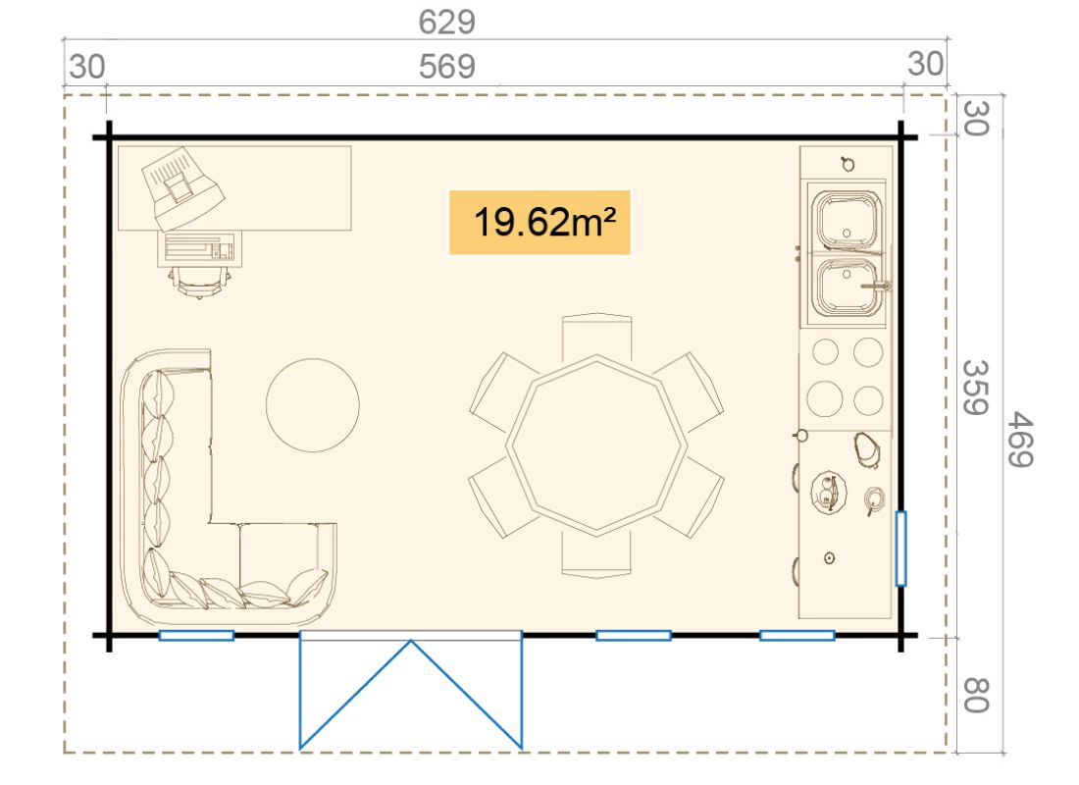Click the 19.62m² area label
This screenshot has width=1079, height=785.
tap(540, 223)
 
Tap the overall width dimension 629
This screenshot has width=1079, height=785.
tap(446, 22)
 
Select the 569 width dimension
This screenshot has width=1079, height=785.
tap(446, 67)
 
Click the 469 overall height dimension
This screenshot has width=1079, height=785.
tap(1020, 440)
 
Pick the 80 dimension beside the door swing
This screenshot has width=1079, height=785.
tap(975, 695)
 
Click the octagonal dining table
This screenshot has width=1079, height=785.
tap(596, 445)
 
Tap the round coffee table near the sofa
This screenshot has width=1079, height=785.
tap(312, 405)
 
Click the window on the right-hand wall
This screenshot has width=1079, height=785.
tap(900, 549)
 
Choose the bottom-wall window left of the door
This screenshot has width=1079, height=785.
tap(196, 636)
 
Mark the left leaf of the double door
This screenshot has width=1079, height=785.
tap(355, 695)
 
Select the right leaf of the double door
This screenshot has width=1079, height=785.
tap(467, 695)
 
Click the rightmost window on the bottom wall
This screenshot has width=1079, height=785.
tap(796, 636)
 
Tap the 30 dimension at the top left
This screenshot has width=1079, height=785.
tap(86, 68)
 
